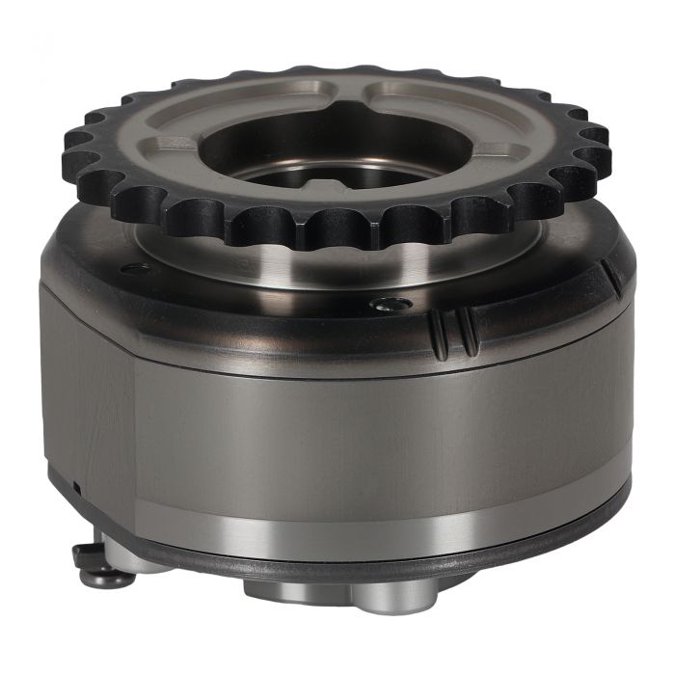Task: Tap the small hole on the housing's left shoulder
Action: (136, 268)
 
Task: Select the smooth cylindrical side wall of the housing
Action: (386, 434)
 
